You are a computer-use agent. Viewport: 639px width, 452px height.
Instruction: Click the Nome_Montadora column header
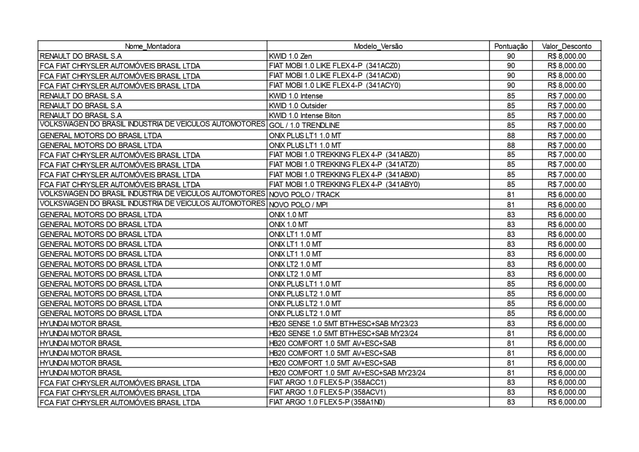coord(152,46)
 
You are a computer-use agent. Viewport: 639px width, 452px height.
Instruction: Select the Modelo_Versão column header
coord(378,46)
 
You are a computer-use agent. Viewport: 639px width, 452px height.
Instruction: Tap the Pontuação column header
coord(511,46)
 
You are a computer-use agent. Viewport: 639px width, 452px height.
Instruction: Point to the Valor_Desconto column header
coord(566,46)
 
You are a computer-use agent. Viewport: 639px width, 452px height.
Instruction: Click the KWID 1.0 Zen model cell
coord(291,56)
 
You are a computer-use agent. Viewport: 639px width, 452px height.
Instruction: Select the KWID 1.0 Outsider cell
coord(298,106)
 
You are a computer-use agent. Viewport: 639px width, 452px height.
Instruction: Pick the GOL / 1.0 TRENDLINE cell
coord(304,125)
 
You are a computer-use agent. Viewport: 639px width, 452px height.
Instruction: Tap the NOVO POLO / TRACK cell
coord(304,195)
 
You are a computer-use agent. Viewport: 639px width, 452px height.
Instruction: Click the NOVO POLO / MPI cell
coord(298,205)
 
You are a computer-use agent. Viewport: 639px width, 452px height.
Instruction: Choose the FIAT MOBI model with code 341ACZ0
coord(334,66)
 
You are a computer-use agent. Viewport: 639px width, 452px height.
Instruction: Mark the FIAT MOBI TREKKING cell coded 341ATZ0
coord(344,165)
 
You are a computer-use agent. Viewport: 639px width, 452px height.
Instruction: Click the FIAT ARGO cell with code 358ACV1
coord(327,392)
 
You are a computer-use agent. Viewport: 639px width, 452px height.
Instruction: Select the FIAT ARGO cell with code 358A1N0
coord(327,402)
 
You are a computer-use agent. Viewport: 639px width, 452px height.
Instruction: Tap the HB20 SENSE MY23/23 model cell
coord(343,324)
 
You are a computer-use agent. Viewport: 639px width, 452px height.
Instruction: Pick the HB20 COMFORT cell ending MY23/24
coord(347,373)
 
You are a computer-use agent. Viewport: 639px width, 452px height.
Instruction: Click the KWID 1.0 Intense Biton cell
coord(305,116)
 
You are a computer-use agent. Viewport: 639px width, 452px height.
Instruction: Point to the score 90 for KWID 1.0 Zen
coord(511,56)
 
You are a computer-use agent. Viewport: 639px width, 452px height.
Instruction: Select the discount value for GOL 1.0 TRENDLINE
coord(566,125)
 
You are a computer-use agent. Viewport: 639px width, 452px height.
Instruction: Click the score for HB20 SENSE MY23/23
coord(511,324)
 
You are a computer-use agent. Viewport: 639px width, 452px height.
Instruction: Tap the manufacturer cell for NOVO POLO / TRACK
coord(152,194)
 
